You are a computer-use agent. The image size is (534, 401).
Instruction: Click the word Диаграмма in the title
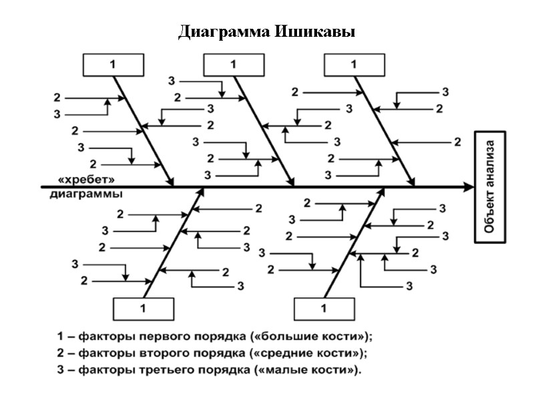[x=223, y=32]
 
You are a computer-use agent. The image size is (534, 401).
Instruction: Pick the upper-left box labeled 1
[x=113, y=65]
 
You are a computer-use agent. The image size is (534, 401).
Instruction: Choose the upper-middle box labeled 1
[x=233, y=65]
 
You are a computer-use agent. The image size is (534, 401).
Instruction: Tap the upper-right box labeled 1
[x=354, y=65]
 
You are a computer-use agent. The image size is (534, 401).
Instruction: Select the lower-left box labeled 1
[x=143, y=309]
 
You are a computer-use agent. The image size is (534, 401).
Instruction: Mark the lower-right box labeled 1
[x=324, y=309]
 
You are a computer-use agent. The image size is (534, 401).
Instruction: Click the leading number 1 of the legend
[x=61, y=336]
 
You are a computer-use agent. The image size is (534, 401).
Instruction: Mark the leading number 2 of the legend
[x=61, y=352]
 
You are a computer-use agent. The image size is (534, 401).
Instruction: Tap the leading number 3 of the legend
[x=61, y=370]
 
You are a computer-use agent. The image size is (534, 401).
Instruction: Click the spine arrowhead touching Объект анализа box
[x=468, y=188]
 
